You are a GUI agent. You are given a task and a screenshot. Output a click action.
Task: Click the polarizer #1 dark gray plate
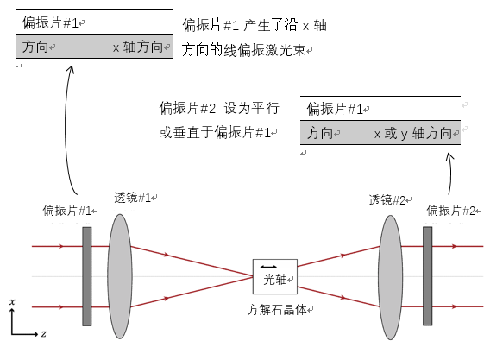coord(87,276)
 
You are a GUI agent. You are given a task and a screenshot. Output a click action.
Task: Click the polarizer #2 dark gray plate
coord(428,276)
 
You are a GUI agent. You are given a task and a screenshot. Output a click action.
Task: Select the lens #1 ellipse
coord(120,276)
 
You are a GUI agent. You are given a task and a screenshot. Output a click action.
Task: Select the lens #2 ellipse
coord(391,277)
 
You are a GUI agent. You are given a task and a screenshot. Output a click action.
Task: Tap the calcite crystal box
coord(275,276)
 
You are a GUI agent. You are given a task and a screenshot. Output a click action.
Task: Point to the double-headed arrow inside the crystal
coord(268,267)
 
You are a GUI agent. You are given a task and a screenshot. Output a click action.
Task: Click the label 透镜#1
coord(132,198)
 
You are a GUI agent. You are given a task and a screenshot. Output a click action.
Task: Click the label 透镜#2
coord(387,200)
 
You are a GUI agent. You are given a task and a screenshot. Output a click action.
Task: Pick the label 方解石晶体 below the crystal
coord(277,310)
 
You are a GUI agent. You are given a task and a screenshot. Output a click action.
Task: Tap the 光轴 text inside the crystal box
coord(275,280)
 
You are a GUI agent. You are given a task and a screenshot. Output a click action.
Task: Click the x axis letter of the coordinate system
coord(12,301)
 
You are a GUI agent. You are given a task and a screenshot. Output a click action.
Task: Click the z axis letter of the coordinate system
coord(43,334)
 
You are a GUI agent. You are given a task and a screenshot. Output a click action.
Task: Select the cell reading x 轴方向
coord(138,47)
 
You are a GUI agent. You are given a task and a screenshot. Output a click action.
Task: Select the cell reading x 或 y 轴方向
coord(413,133)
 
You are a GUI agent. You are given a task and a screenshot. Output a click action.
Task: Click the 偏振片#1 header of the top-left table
coord(50,22)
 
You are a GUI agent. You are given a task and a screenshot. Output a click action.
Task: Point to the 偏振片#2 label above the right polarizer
coord(451,211)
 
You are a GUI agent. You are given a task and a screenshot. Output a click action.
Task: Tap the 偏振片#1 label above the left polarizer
coord(67,211)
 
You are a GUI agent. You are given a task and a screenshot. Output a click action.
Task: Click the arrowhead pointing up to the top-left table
coord(72,69)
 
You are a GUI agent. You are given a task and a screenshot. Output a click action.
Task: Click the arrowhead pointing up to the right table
coord(449,156)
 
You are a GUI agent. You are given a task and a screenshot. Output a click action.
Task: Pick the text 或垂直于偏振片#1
coord(215,132)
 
